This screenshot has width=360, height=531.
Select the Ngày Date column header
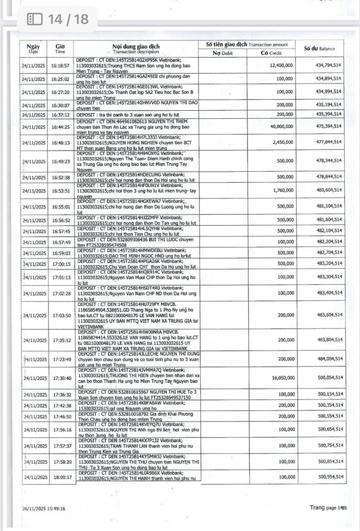coord(33,49)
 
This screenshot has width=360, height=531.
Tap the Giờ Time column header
coord(60,49)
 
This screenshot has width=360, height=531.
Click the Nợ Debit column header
coord(223,53)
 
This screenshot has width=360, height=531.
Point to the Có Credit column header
coord(271,53)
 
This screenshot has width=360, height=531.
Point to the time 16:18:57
coord(60,65)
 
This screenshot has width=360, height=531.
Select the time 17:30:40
coord(60,377)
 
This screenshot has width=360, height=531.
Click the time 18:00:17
coord(60,477)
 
